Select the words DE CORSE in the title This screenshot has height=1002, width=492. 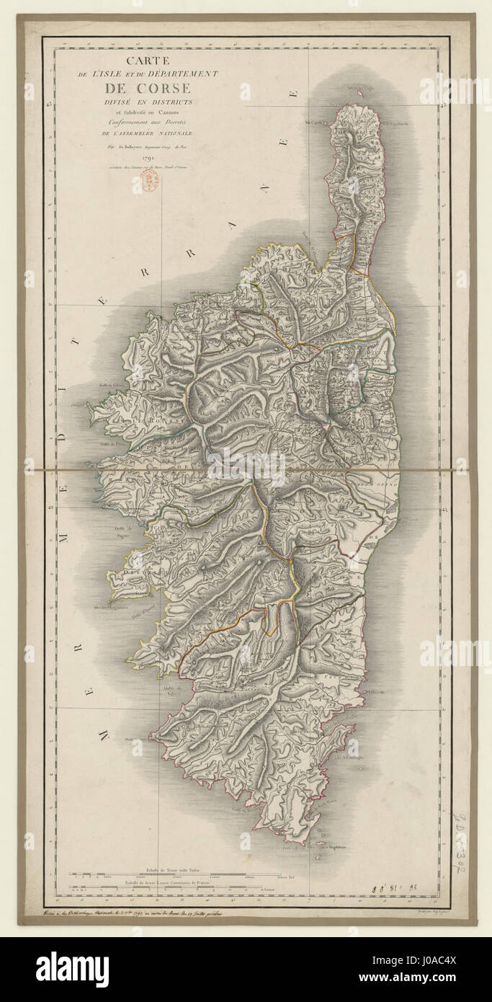pos(148,89)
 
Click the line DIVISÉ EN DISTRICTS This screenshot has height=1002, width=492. pos(148,102)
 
